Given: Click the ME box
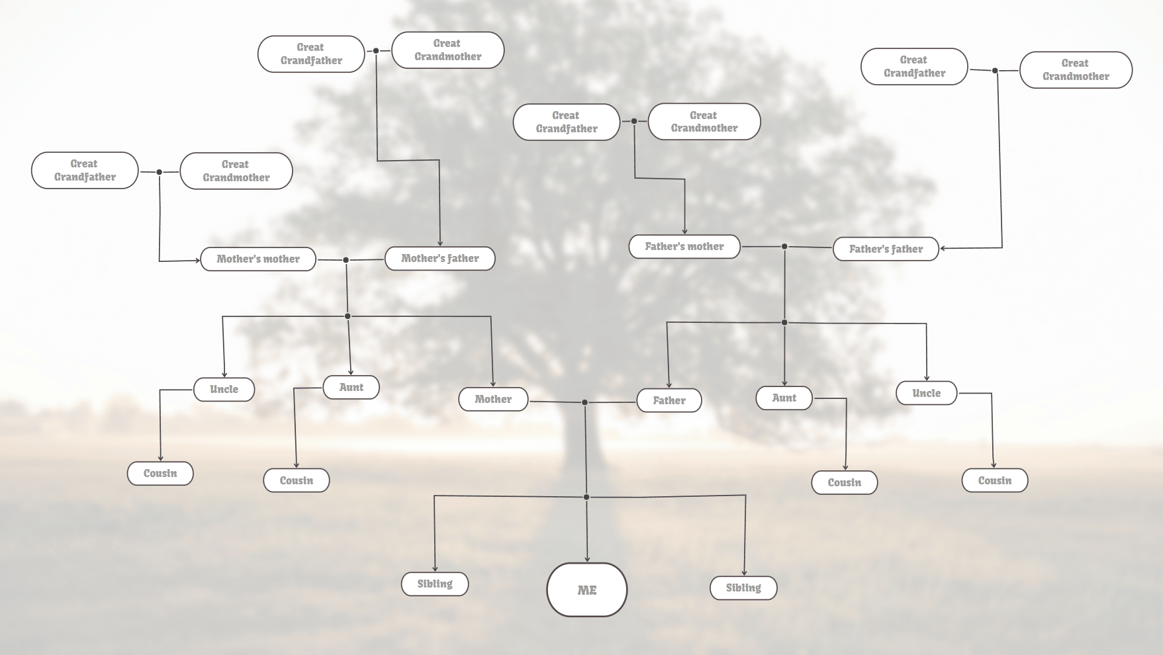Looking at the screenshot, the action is coord(586,589).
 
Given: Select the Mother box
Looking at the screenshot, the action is coord(493,399).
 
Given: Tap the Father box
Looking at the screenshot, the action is coord(669,400).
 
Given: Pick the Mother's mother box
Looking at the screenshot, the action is coord(257,259).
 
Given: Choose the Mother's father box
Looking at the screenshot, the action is coord(440,258).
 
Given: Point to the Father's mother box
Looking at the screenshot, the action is coord(684,246).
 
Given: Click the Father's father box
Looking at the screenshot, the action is coord(885,249).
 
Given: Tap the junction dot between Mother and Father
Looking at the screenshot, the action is coord(584,402).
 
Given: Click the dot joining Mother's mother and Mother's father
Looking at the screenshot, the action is coord(346,260).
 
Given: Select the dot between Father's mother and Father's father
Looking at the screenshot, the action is coord(784,247).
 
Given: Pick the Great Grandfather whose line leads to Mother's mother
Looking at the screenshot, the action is coord(85,171).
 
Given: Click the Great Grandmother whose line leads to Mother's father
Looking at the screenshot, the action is coord(447,50).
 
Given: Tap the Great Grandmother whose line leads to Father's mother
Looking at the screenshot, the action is coord(704,122).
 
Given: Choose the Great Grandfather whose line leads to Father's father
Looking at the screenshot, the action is coord(914,66).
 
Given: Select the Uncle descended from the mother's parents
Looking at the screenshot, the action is coord(224,389).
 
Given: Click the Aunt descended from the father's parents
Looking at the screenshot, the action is coord(784,398).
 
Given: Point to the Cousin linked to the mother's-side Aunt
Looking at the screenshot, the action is coord(296,480).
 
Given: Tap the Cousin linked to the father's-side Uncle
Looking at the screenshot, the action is coord(994,480).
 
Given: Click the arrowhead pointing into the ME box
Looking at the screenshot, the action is coord(587,559).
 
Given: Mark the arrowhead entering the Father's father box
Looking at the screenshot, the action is coord(943,249).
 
